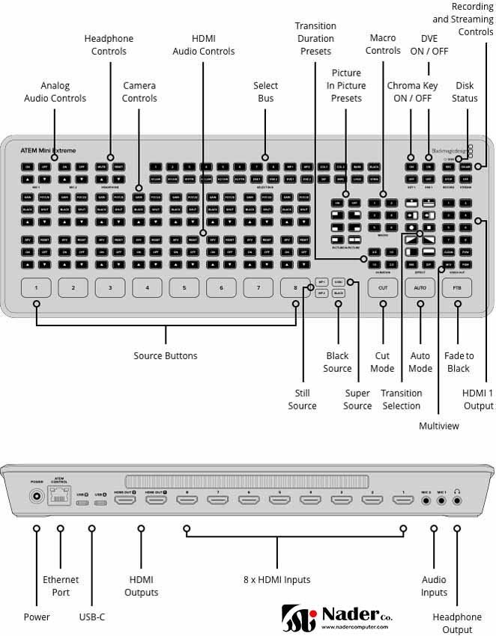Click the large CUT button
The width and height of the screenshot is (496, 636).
pyautogui.click(x=383, y=287)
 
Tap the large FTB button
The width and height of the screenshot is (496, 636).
pyautogui.click(x=457, y=287)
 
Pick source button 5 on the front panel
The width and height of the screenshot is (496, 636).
pyautogui.click(x=184, y=287)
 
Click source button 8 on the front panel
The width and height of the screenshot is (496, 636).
pyautogui.click(x=295, y=287)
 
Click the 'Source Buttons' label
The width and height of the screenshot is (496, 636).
pyautogui.click(x=165, y=355)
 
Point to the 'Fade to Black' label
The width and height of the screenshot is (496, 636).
pyautogui.click(x=459, y=361)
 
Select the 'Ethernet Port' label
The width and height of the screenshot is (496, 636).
pyautogui.click(x=61, y=586)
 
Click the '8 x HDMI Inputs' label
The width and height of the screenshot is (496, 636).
pyautogui.click(x=277, y=579)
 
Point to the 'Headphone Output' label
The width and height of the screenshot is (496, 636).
pyautogui.click(x=458, y=623)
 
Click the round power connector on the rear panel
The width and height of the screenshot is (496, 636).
pyautogui.click(x=35, y=495)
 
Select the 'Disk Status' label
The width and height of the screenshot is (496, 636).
pyautogui.click(x=465, y=92)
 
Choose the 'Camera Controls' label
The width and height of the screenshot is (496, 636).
pyautogui.click(x=139, y=92)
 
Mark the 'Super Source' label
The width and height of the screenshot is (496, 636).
pyautogui.click(x=357, y=399)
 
